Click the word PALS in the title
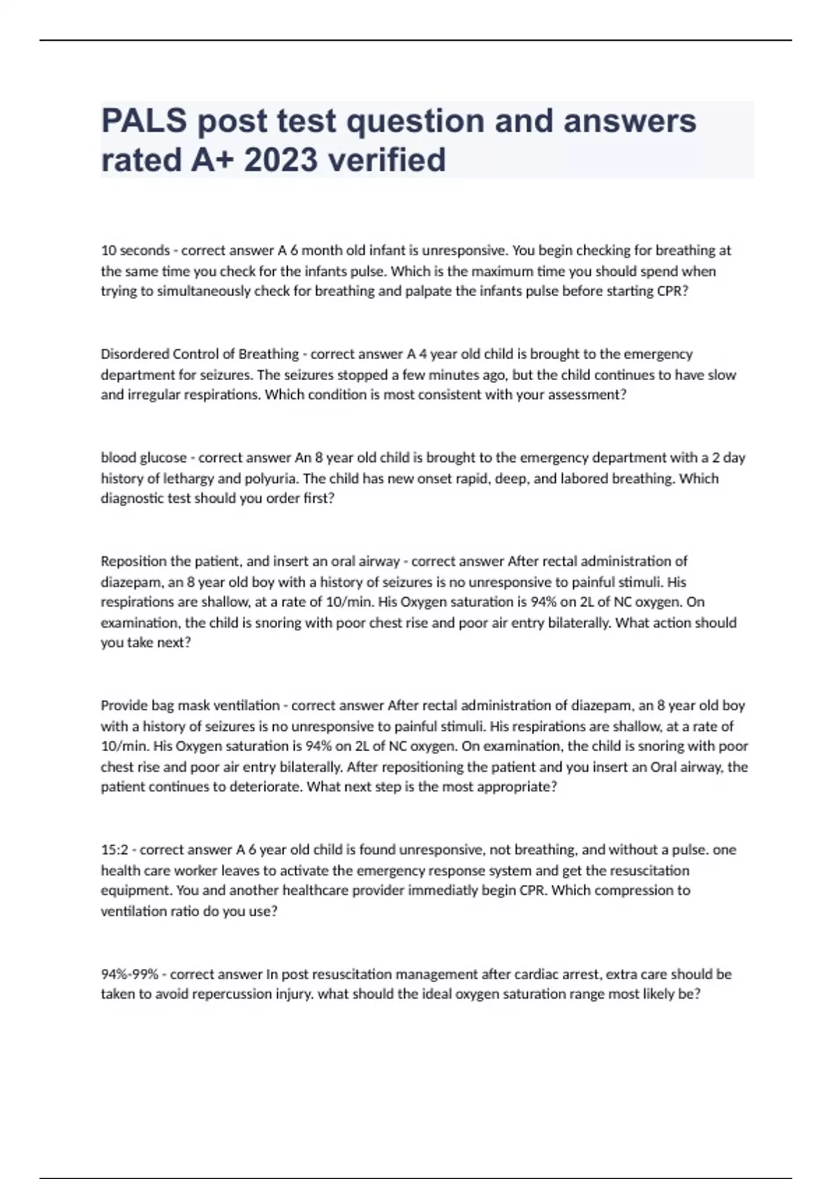tap(144, 121)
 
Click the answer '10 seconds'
tap(135, 250)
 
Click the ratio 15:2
tap(114, 850)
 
